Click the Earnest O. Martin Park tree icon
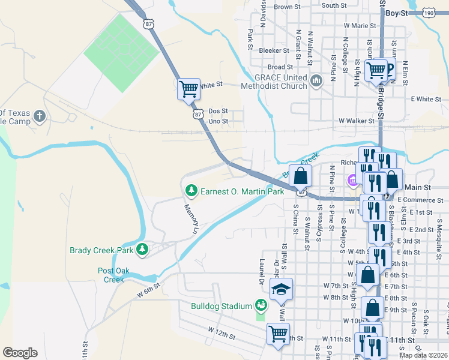point(191,191)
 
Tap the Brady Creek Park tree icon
point(142,248)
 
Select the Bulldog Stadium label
point(213,307)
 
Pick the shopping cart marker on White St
point(188,89)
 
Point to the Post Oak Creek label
point(110,275)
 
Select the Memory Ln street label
point(191,220)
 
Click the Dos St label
point(218,111)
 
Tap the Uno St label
point(218,121)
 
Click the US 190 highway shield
point(429,11)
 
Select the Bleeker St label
point(270,50)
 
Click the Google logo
point(20,353)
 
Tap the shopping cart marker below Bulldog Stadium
point(277,333)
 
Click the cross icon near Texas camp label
point(40,115)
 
